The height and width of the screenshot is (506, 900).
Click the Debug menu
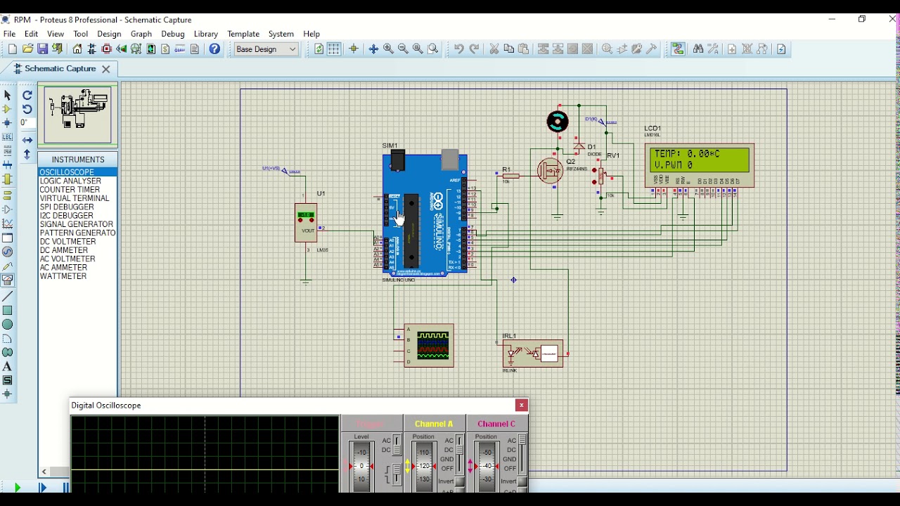point(172,34)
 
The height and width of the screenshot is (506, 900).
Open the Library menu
point(205,34)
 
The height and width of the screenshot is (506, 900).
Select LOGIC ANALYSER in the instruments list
point(70,181)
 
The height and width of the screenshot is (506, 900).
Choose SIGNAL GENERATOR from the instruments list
point(76,224)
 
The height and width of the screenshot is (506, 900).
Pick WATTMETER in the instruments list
point(63,276)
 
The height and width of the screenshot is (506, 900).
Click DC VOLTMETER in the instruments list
point(67,242)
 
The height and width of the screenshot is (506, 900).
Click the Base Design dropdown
point(266,49)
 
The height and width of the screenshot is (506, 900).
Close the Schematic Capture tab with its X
point(106,69)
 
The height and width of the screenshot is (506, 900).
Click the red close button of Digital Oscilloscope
point(521,406)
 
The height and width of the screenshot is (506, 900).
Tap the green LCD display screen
point(700,160)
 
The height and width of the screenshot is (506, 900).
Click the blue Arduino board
point(425,214)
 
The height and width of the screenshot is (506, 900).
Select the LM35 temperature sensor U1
point(306,223)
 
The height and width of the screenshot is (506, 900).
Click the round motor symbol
point(558,122)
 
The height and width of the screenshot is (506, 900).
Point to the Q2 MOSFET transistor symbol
point(550,171)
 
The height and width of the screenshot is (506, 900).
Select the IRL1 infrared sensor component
point(533,353)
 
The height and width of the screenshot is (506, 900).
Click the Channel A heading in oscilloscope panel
point(434,424)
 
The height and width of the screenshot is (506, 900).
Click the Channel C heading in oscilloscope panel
point(496,424)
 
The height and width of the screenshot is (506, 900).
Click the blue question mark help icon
point(214,49)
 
